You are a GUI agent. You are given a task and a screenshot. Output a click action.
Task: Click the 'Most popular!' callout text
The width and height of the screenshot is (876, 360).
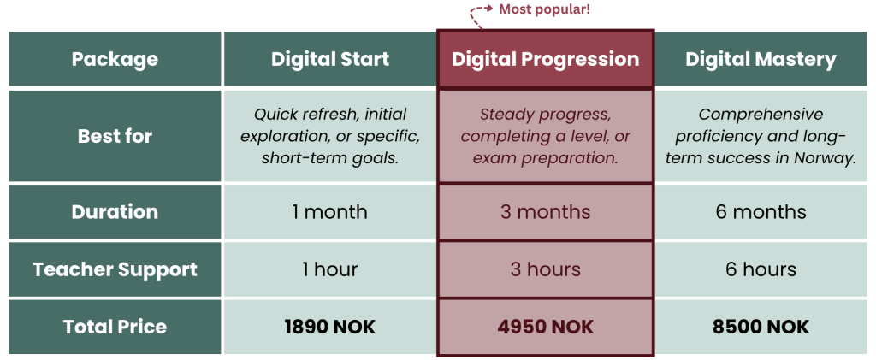[x=544, y=9]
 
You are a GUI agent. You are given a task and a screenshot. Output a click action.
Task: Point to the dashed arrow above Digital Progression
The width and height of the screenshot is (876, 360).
[x=475, y=12]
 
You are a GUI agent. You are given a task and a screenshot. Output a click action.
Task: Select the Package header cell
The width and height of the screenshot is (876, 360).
[x=115, y=59]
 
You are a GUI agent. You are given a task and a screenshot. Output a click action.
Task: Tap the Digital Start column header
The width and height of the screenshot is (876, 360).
[x=330, y=59]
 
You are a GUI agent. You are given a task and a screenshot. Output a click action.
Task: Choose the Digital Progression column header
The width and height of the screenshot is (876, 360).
[x=545, y=59]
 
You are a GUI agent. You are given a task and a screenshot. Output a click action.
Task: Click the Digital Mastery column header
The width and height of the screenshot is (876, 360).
[x=761, y=59]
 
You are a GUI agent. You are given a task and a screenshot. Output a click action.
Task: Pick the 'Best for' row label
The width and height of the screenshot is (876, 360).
[x=115, y=136]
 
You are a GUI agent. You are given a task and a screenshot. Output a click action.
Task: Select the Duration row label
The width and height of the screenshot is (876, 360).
[x=115, y=212]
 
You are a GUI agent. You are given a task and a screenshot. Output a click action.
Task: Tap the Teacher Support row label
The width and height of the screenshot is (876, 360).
[x=115, y=269]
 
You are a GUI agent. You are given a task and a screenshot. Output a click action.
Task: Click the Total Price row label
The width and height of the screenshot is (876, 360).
[x=115, y=327]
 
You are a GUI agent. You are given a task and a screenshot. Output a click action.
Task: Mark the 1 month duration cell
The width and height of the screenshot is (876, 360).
[x=330, y=212]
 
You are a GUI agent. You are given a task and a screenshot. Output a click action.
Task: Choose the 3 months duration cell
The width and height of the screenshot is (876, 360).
[x=545, y=212]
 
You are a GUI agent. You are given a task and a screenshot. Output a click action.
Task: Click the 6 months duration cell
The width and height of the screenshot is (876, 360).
[x=761, y=212]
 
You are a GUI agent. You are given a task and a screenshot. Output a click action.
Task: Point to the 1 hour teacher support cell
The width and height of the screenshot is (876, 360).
[x=330, y=269]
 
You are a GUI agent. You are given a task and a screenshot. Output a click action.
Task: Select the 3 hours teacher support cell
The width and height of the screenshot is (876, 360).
[x=545, y=269]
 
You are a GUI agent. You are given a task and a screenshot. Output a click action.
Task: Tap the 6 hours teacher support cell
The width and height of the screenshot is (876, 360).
[x=761, y=269]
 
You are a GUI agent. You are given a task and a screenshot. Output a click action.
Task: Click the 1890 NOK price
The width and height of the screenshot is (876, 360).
[x=330, y=327]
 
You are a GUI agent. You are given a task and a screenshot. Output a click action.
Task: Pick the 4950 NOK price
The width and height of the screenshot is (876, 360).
[x=545, y=327]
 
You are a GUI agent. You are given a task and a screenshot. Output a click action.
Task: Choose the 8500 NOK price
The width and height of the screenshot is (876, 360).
[x=761, y=327]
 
